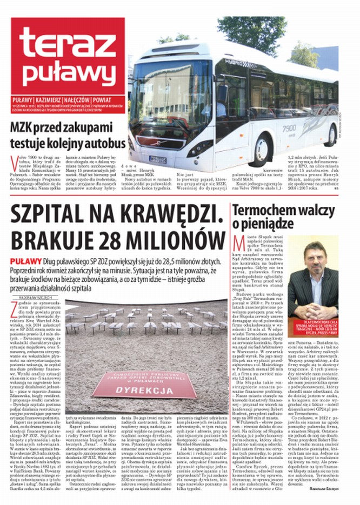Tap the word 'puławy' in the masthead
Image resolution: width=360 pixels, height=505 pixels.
pos(68,70)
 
